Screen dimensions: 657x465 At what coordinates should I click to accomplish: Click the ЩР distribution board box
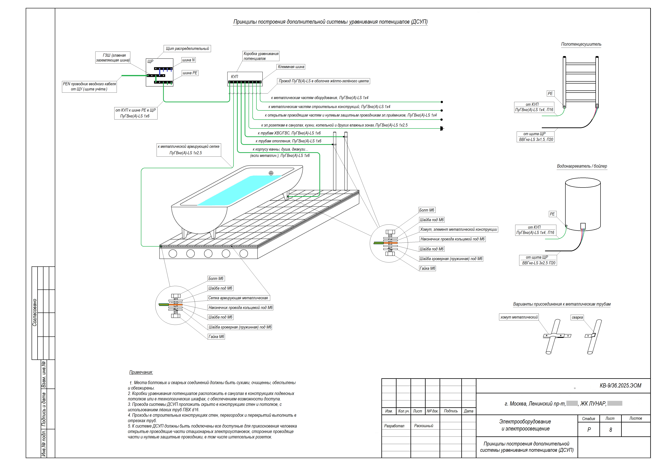click(160, 73)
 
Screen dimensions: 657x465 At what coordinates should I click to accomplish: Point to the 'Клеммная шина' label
click(291, 67)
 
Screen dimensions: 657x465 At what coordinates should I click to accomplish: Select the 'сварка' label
click(577, 317)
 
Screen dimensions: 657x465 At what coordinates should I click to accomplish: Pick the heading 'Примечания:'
click(141, 372)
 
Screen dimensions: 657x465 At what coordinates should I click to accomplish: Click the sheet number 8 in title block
click(611, 430)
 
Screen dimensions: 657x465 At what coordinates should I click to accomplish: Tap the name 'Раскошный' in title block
click(424, 426)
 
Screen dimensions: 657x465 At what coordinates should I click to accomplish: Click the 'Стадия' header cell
click(589, 419)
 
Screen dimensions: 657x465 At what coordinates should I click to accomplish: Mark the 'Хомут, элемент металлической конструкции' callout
click(458, 229)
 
